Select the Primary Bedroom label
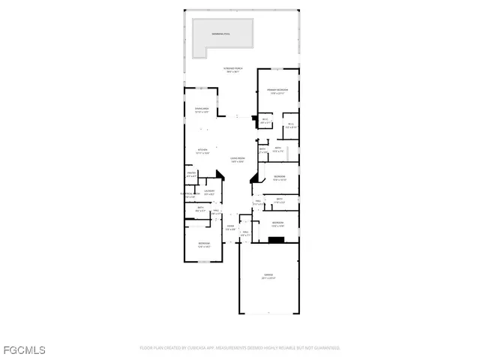click(277, 91)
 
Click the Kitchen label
click(202, 151)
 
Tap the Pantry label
click(191, 175)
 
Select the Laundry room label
click(210, 192)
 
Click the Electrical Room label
click(189, 196)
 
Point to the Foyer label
click(231, 227)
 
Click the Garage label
click(268, 277)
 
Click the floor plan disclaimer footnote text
click(240, 348)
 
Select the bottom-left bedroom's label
click(204, 244)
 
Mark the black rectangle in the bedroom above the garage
click(277, 240)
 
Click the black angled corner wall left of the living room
click(220, 175)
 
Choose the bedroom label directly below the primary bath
click(279, 178)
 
